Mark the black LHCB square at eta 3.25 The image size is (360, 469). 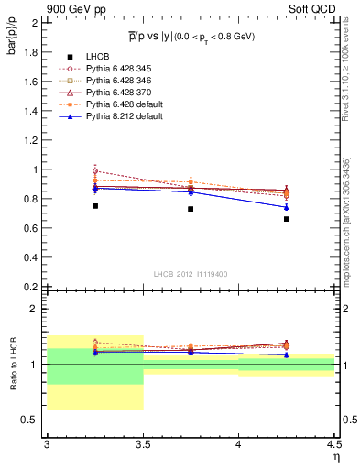point(94,206)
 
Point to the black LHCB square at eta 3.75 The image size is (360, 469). point(191,209)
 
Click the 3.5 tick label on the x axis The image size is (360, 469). point(143,444)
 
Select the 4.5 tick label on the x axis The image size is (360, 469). point(333,444)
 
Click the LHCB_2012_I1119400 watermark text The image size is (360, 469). point(191,274)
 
